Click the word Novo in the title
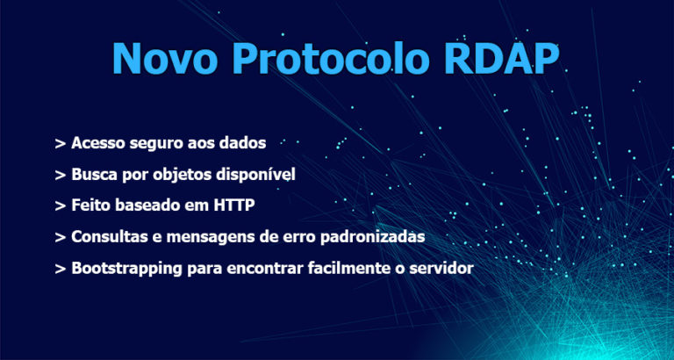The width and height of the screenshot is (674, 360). (x=165, y=59)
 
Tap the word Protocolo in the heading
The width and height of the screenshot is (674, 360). (x=331, y=59)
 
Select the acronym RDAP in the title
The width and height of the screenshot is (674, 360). (x=502, y=59)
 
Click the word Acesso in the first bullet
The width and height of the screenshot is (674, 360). (x=92, y=143)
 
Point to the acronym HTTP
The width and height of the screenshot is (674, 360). (x=234, y=205)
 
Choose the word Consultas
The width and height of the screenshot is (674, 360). (x=104, y=236)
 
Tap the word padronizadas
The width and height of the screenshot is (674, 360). (x=373, y=237)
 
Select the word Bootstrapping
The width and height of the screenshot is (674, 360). (x=126, y=269)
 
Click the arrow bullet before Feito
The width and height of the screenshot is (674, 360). (x=60, y=205)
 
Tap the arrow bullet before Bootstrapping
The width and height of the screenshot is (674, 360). (x=60, y=269)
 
